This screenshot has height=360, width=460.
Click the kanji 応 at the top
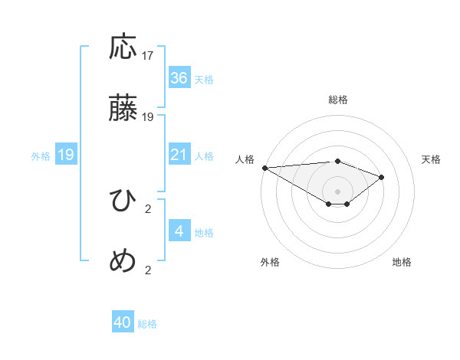[123, 48]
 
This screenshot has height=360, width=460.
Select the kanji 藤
[123, 110]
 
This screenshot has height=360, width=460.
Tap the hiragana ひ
[123, 201]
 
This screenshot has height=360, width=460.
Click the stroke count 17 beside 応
[148, 56]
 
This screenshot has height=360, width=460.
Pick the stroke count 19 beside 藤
[148, 117]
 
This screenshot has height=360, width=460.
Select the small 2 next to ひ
[148, 208]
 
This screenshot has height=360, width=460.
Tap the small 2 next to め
[148, 270]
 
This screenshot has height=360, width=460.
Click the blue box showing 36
[179, 78]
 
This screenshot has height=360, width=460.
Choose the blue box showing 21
[179, 155]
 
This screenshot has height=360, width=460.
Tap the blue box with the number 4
[179, 231]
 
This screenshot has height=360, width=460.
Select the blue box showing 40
[123, 322]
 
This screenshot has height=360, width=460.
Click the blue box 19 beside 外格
[66, 155]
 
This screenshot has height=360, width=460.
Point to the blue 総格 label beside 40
[148, 324]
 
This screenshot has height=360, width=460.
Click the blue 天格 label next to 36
[204, 80]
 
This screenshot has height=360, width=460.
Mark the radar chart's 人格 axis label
[245, 159]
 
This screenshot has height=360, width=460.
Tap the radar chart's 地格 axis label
[402, 262]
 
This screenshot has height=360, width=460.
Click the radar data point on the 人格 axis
[264, 168]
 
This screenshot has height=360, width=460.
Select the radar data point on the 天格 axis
[382, 177]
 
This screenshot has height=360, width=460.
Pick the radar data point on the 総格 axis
[337, 161]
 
